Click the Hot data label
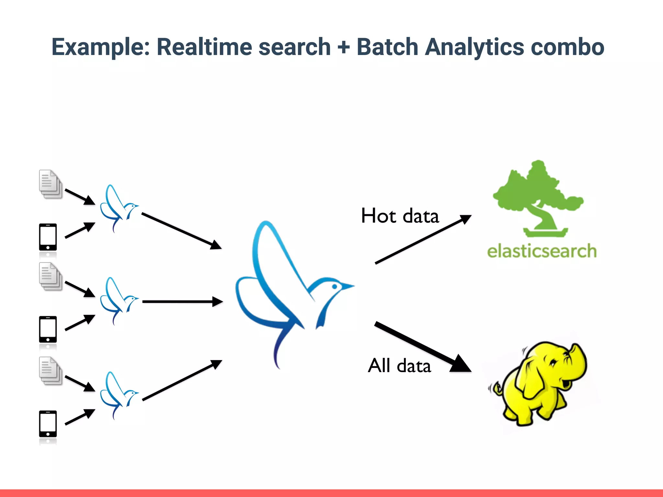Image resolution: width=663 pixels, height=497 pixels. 400,216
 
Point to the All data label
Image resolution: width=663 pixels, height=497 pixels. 399,366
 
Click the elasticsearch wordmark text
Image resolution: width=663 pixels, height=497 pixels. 542,251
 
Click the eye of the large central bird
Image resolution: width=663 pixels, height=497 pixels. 335,287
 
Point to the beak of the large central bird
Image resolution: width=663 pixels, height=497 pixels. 348,286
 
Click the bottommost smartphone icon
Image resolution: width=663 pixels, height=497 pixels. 48,424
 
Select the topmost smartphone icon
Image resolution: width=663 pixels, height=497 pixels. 48,237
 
